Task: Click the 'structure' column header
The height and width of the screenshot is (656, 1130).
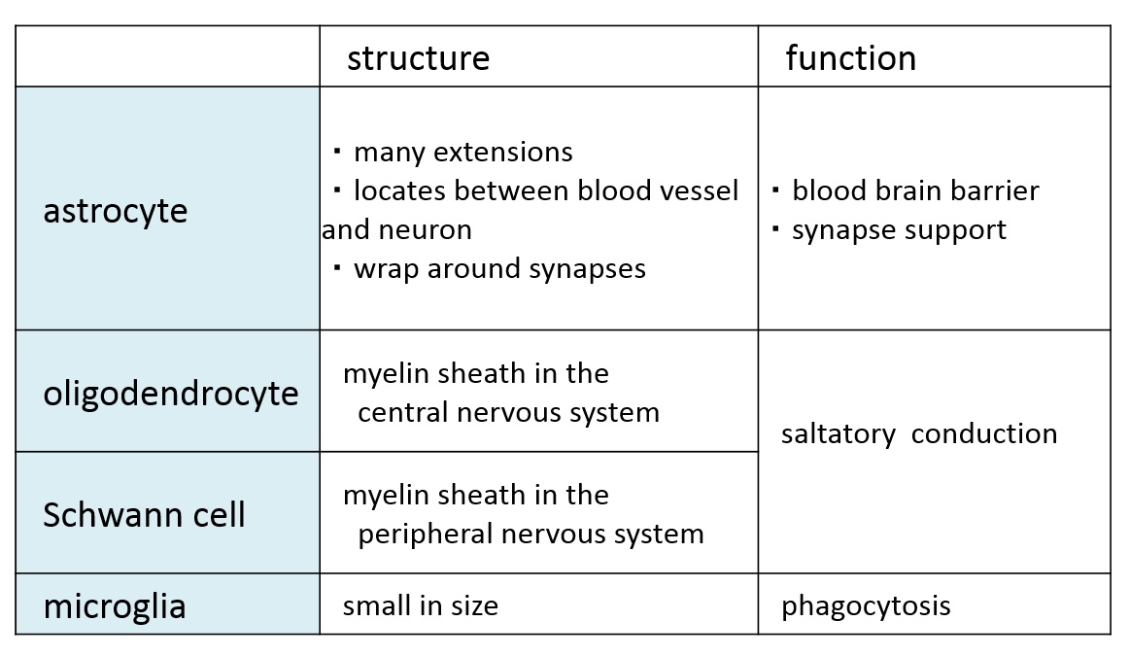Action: [418, 58]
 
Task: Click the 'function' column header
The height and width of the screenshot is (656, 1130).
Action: [850, 57]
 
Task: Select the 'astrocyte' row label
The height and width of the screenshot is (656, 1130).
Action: [116, 212]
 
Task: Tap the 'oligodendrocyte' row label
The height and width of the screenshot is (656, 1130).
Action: [171, 394]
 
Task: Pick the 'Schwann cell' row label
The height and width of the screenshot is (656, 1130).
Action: [144, 515]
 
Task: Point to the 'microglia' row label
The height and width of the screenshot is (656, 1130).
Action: [115, 607]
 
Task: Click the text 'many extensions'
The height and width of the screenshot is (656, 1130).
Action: [463, 153]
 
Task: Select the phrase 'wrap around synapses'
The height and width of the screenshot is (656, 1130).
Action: [499, 269]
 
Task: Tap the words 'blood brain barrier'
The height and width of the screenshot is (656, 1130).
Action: [915, 190]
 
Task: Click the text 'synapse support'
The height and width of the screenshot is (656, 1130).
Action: [899, 230]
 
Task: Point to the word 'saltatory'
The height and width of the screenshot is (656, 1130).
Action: [839, 434]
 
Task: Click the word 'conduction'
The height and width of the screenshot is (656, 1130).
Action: [983, 434]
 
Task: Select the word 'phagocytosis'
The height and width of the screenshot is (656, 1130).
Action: [866, 607]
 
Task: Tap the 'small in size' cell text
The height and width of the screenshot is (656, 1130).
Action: [420, 606]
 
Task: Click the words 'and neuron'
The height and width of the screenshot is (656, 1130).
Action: [396, 230]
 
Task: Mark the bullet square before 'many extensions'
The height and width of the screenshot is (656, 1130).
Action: [337, 152]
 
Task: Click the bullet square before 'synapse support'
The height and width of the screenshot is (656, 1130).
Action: [775, 229]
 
